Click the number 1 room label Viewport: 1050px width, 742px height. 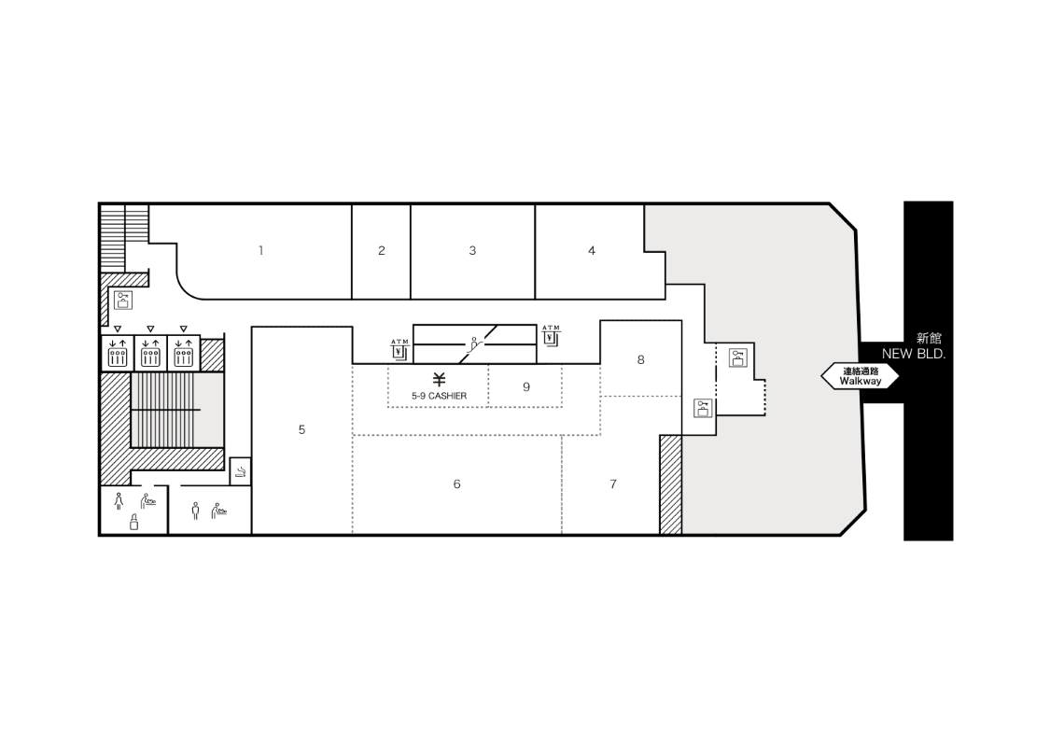point(260,250)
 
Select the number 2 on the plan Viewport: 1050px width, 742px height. point(382,250)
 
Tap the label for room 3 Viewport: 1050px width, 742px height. point(472,250)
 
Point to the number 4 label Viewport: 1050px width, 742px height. point(592,250)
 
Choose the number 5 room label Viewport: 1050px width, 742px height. point(302,429)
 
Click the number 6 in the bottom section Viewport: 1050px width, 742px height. point(456,483)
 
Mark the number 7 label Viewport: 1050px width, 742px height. point(612,483)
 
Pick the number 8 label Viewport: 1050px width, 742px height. point(641,359)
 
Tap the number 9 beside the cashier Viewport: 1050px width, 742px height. point(526,386)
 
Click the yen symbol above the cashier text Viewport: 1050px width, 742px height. point(439,380)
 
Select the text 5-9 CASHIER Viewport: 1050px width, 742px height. point(440,396)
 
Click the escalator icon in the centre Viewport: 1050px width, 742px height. point(475,344)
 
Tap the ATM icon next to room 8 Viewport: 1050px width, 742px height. point(551,335)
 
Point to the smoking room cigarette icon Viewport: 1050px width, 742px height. point(241,472)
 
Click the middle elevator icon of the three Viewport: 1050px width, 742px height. point(150,353)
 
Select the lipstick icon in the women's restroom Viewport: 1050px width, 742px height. point(133,523)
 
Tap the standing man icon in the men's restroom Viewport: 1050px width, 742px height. point(195,511)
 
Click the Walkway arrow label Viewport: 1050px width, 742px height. point(861,376)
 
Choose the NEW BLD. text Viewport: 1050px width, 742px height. point(914,354)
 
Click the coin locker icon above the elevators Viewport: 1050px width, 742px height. point(123,300)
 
